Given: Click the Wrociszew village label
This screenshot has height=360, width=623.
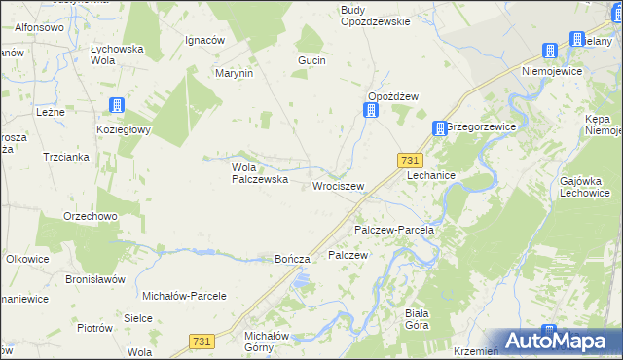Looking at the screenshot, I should tap(338, 185).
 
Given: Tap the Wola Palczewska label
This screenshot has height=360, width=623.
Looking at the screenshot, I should tap(258, 173).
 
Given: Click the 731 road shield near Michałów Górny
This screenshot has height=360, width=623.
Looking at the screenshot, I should tap(202, 341).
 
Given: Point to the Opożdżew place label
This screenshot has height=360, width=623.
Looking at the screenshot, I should tap(392, 95).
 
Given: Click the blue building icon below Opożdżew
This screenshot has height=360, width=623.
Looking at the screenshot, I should tap(371, 112).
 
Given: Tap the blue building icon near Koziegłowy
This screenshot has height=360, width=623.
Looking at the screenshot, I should tap(117, 106).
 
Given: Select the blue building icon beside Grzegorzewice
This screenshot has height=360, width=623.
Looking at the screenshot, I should tap(439, 127).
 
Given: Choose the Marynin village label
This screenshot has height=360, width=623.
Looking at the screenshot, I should tap(235, 73).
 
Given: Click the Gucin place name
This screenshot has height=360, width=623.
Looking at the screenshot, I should tap(311, 60).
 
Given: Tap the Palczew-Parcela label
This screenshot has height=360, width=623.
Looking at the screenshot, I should tap(393, 230).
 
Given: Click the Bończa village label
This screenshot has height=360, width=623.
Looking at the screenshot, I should tap(292, 259).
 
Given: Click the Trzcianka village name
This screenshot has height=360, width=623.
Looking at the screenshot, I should tap(66, 156).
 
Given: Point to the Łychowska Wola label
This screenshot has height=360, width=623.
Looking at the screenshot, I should tap(117, 53).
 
